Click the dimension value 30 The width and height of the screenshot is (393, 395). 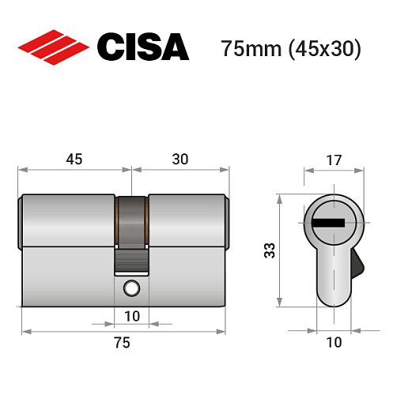tap(179, 158)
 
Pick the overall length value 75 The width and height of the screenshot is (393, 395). tap(121, 342)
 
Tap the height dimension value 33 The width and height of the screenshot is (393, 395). tap(270, 251)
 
